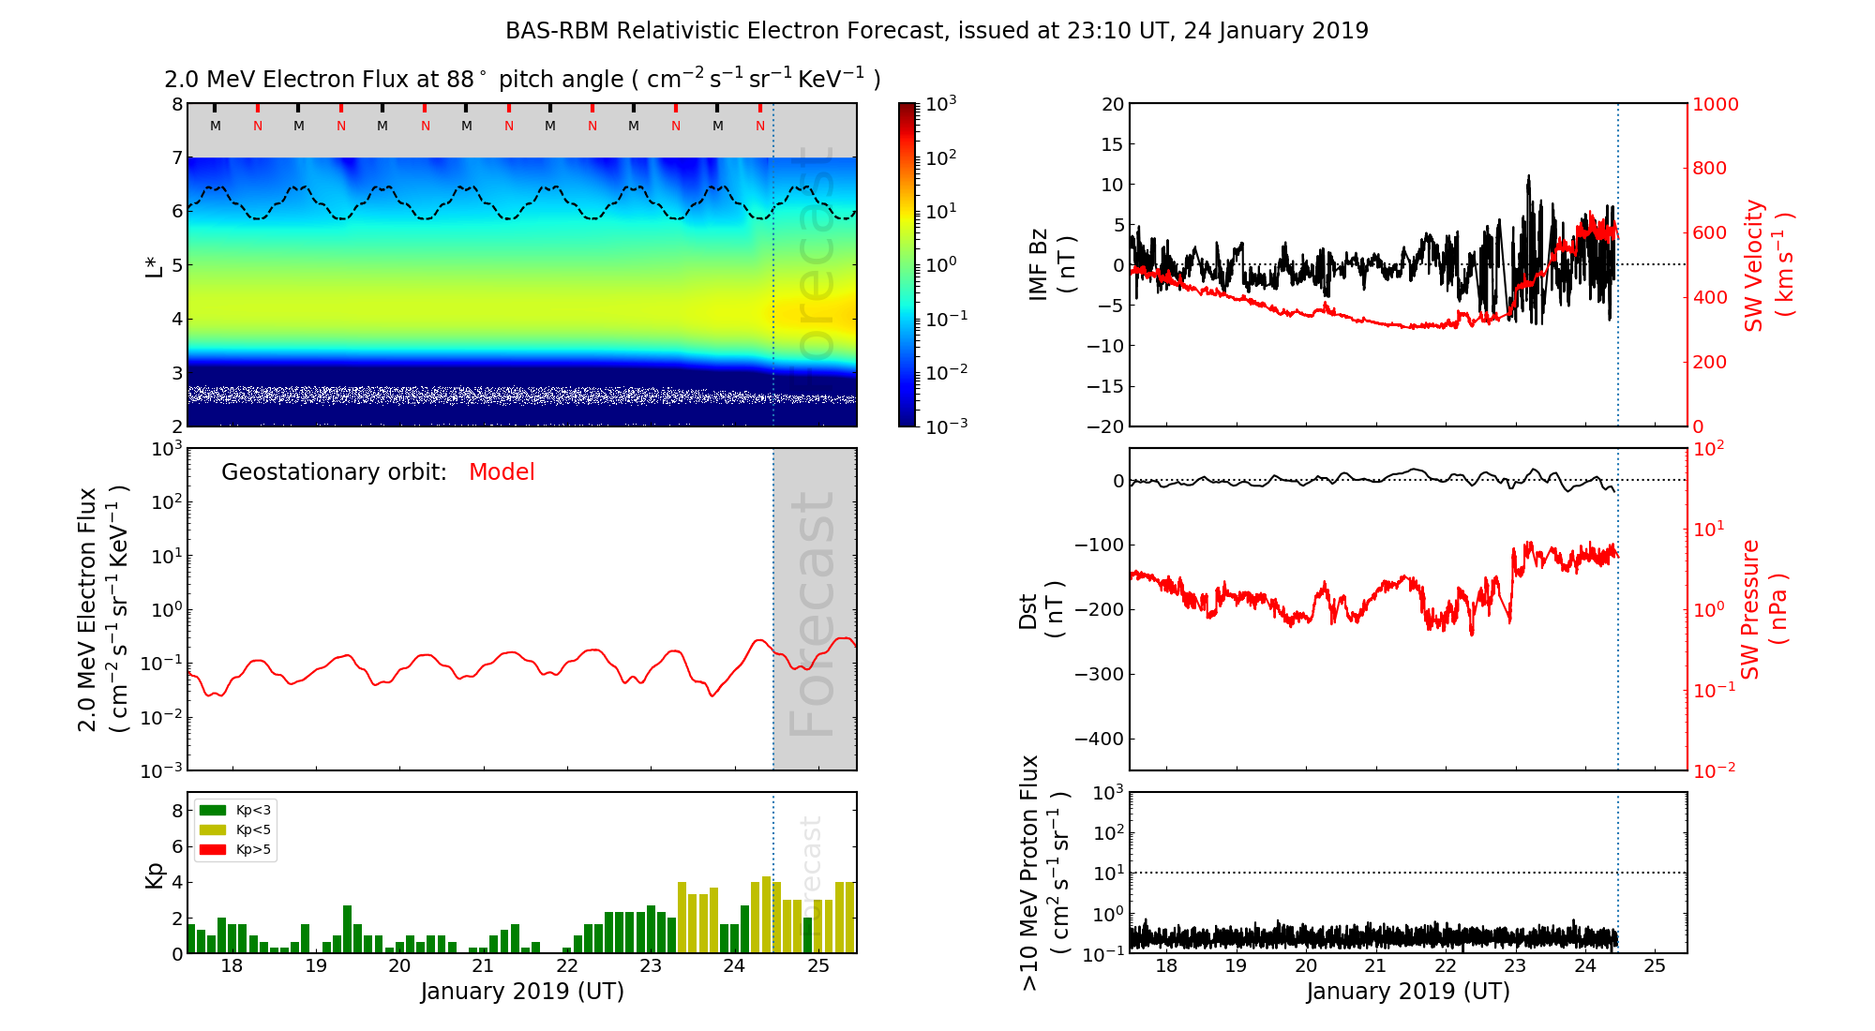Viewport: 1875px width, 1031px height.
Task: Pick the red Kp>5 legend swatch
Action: pyautogui.click(x=213, y=850)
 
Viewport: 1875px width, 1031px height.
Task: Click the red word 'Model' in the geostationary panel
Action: pyautogui.click(x=502, y=472)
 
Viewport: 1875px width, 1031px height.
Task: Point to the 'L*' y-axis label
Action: pyautogui.click(x=154, y=264)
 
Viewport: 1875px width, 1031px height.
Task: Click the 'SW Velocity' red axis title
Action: pyautogui.click(x=1754, y=265)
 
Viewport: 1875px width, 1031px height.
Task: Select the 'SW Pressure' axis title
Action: pyautogui.click(x=1750, y=609)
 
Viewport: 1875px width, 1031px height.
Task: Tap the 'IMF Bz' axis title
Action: pyautogui.click(x=1039, y=264)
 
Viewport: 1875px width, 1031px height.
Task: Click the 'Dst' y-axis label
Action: pyautogui.click(x=1028, y=610)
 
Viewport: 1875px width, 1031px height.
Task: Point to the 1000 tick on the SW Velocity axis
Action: pyautogui.click(x=1715, y=104)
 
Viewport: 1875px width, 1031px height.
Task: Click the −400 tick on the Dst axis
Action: pyautogui.click(x=1099, y=739)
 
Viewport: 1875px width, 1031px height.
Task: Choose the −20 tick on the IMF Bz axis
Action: pyautogui.click(x=1105, y=426)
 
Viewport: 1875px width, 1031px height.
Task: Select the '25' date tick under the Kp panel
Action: pyautogui.click(x=818, y=966)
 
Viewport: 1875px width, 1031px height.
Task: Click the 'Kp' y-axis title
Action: pyautogui.click(x=155, y=875)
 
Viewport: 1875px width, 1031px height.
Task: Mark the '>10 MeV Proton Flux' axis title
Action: pyautogui.click(x=1030, y=873)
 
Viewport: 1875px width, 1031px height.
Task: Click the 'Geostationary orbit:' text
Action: pyautogui.click(x=334, y=472)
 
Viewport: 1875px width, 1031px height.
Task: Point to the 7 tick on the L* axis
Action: pyautogui.click(x=176, y=157)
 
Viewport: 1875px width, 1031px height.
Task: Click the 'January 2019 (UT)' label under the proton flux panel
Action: pyautogui.click(x=1408, y=992)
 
